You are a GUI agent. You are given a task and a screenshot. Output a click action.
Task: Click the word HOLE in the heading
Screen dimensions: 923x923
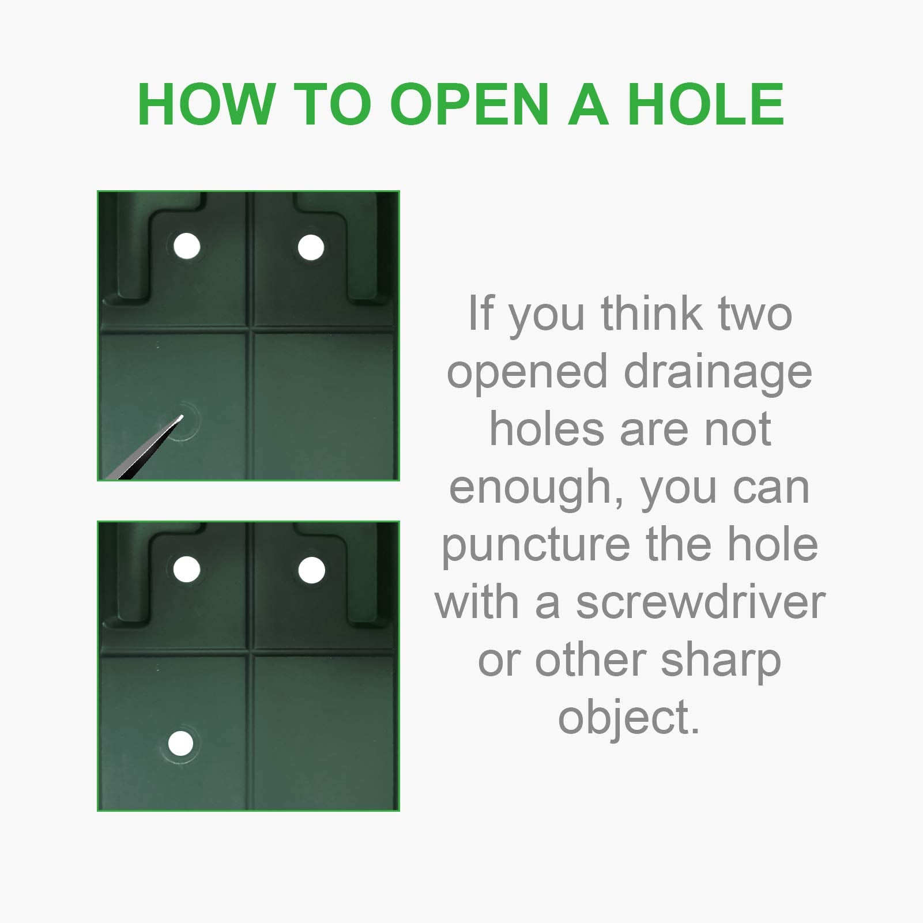click(x=706, y=104)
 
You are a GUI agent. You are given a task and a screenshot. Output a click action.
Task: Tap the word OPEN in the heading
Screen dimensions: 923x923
click(x=469, y=104)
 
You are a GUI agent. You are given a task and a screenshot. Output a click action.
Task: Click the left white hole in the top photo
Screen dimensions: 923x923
click(x=187, y=247)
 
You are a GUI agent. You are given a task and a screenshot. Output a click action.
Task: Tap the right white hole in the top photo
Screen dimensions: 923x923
click(x=311, y=247)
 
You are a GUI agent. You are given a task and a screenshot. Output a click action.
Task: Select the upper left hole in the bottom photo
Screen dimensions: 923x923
click(x=187, y=569)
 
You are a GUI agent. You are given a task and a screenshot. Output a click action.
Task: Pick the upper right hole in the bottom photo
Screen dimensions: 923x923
click(x=311, y=570)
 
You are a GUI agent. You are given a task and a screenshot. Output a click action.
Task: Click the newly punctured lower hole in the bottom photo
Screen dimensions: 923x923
click(x=180, y=744)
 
